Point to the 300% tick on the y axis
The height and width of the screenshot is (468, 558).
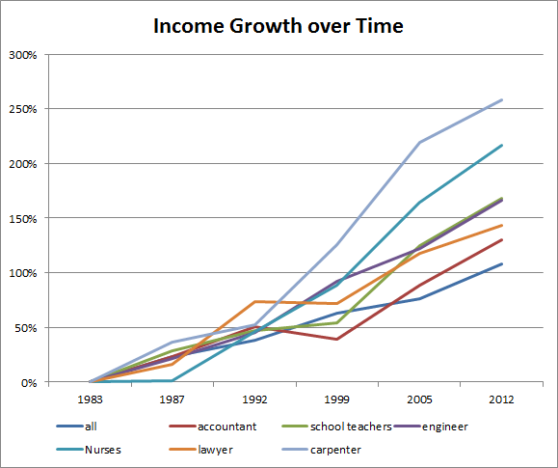pos(23,54)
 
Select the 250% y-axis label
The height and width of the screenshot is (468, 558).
pos(23,109)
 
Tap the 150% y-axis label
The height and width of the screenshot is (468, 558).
pos(23,218)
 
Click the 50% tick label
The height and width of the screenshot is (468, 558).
pos(26,328)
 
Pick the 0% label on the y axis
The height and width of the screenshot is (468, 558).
pos(29,382)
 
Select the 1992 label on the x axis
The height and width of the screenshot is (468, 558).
pos(254,398)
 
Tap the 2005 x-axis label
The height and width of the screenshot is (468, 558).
pos(419,398)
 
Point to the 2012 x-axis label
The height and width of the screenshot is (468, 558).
pos(501,398)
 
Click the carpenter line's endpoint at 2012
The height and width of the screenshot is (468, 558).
pos(501,99)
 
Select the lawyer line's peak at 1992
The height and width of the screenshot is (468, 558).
pos(254,301)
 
